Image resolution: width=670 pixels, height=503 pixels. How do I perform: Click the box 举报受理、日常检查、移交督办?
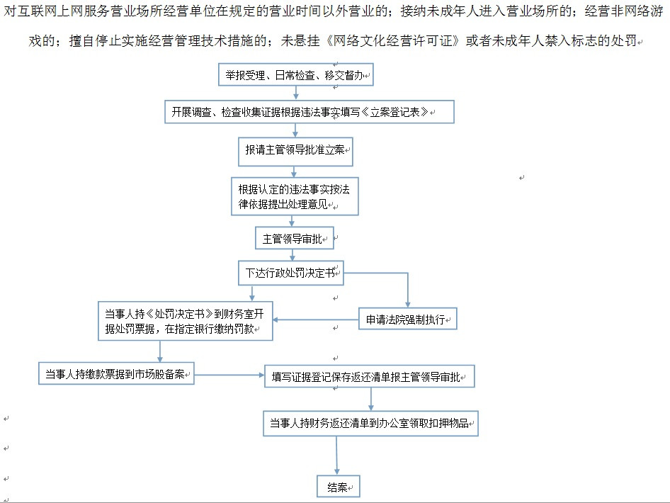(295, 75)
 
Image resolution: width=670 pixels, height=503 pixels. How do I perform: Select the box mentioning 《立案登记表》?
(310, 112)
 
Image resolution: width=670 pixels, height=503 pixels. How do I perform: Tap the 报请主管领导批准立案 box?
(295, 152)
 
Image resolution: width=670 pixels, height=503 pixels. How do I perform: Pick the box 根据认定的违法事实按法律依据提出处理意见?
(295, 196)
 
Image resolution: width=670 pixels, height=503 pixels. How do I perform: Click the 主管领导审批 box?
(295, 238)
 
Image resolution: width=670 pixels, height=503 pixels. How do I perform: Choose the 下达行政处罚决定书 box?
(291, 273)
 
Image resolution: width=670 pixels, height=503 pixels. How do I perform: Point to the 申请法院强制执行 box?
(408, 319)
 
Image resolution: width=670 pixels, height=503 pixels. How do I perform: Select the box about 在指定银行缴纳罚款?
(186, 321)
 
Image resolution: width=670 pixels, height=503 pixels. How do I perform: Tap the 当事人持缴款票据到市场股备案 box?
(116, 373)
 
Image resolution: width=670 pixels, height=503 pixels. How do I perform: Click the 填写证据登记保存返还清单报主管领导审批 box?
(370, 376)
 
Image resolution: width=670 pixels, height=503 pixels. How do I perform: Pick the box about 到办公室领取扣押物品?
(370, 424)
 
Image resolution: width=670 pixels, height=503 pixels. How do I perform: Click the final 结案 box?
(339, 486)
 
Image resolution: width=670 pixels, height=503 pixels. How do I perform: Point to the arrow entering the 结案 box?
(336, 456)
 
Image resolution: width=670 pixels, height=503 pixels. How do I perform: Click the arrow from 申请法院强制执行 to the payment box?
(316, 320)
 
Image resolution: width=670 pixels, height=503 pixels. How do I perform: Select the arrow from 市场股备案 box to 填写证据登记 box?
(229, 375)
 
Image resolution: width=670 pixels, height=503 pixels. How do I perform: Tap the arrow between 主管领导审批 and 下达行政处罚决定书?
(293, 255)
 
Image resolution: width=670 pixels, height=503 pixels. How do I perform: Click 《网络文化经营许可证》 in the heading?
(393, 40)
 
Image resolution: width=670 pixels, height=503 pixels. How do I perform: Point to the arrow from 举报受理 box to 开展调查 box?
(295, 94)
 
